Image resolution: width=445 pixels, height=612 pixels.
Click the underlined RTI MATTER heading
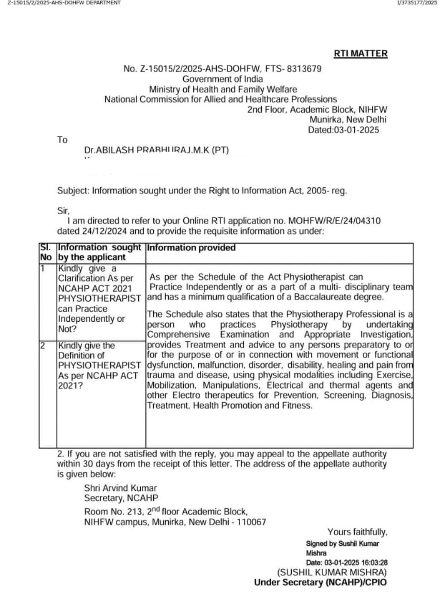360,54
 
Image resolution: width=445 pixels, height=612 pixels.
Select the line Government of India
222,79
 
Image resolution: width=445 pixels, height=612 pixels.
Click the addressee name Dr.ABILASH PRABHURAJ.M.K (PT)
156,150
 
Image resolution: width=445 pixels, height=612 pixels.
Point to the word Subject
73,190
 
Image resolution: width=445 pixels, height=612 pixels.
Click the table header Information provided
191,248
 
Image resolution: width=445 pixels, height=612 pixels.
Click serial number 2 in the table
42,345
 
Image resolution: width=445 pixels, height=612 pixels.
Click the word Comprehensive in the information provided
178,335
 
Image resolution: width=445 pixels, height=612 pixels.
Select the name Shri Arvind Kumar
120,488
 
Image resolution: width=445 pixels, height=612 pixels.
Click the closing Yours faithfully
357,532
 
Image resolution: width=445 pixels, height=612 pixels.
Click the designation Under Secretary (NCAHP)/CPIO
320,582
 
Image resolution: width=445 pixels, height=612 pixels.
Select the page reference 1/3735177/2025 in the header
416,3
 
